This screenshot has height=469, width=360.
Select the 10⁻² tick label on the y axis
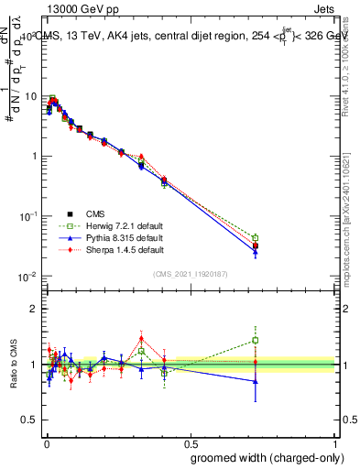point(28,277)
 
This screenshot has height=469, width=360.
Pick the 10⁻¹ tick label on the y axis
point(28,216)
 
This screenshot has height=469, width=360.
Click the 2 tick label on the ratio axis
point(34,309)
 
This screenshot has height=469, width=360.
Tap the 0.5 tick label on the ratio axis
point(30,420)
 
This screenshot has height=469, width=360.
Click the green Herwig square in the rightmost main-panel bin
point(256,238)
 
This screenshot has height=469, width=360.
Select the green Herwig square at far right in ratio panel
point(256,340)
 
